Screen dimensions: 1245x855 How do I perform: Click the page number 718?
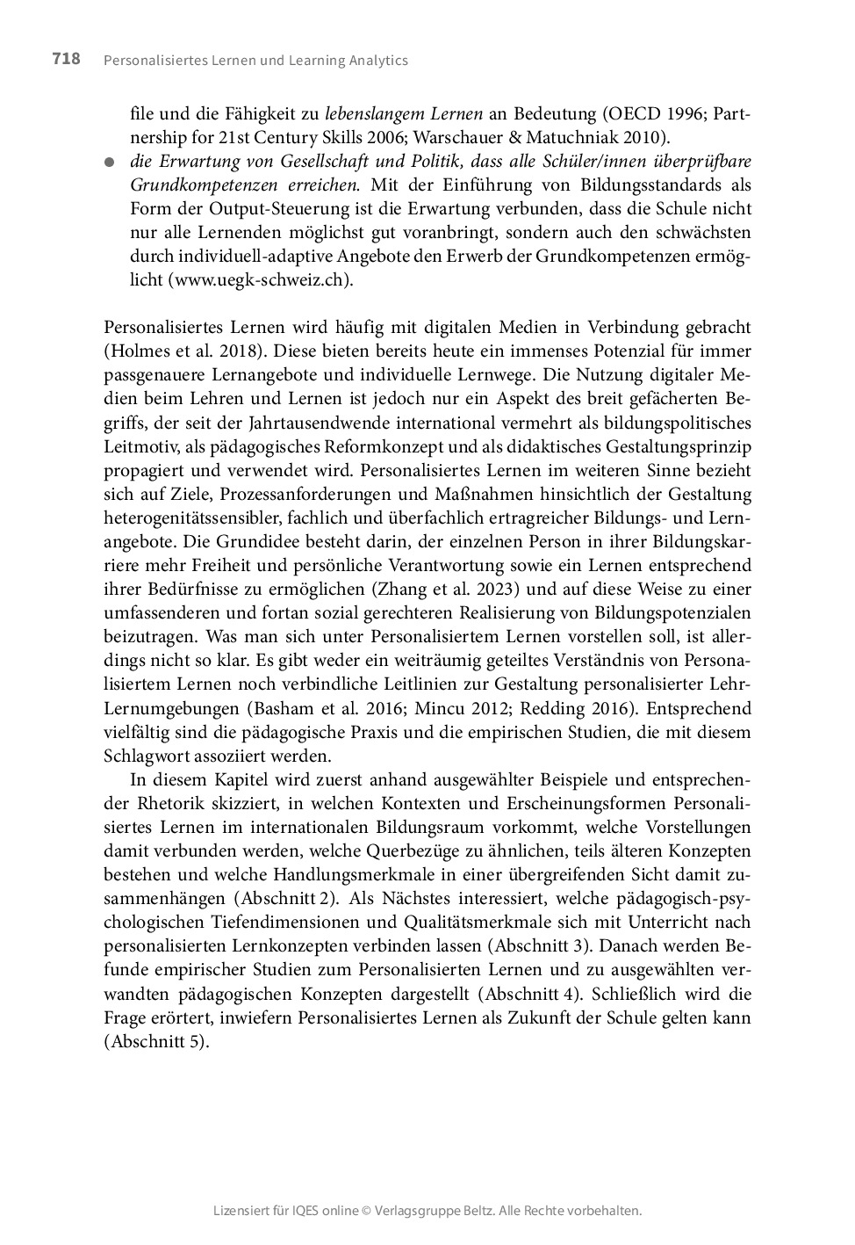click(x=66, y=59)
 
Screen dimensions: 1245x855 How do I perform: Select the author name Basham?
click(x=277, y=708)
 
